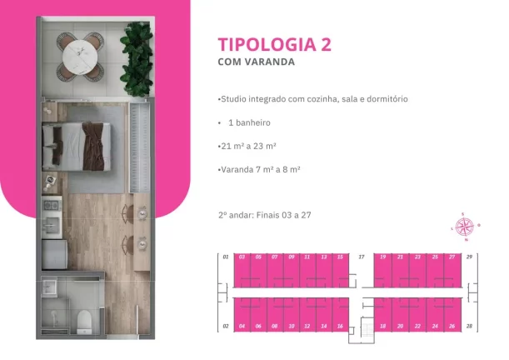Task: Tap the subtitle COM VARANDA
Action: point(257,62)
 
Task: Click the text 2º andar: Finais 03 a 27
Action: point(265,214)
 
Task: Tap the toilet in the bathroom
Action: point(83,319)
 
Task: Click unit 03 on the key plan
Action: point(241,270)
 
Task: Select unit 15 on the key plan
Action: point(339,270)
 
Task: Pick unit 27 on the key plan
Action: point(452,270)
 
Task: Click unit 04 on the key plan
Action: point(241,313)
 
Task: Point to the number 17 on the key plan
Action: point(361,257)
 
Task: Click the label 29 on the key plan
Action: point(470,257)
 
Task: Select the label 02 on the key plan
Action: point(225,326)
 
